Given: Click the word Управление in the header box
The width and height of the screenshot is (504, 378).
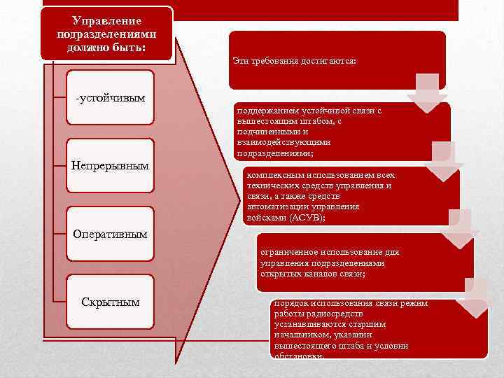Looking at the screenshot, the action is (x=106, y=22).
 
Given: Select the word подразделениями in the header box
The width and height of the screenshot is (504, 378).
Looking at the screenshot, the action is (x=106, y=34).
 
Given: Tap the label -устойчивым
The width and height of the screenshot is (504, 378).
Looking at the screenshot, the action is (x=111, y=97).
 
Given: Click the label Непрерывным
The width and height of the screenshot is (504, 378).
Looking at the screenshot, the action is (x=111, y=166).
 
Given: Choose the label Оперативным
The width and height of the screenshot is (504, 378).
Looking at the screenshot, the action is (x=111, y=234).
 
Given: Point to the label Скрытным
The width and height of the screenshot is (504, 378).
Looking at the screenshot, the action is (x=111, y=302).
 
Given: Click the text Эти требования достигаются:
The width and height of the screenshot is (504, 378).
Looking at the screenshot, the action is (x=294, y=62).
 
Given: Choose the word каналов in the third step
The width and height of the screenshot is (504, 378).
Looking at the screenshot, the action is (x=318, y=274).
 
